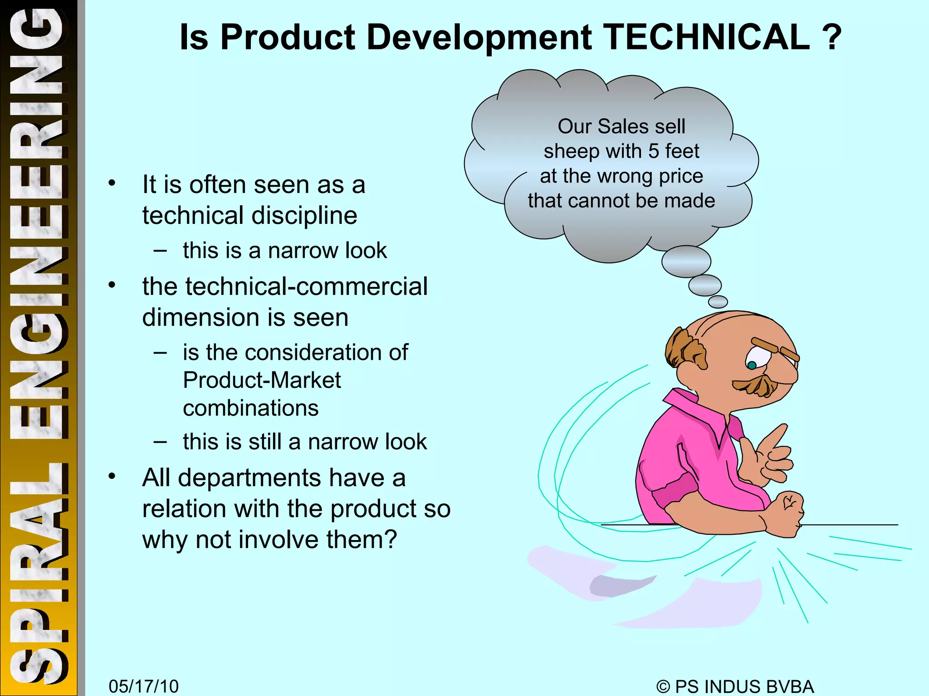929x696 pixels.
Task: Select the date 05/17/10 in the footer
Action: click(143, 686)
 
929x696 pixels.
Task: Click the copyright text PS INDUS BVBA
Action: click(744, 686)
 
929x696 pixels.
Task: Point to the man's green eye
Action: click(752, 365)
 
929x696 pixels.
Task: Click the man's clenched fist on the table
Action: click(787, 512)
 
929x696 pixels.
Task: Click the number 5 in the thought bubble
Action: click(654, 151)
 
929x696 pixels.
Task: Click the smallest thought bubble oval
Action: click(718, 302)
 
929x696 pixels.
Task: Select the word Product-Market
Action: click(262, 380)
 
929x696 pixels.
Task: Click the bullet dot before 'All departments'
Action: click(112, 476)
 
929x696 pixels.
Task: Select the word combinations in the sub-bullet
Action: click(251, 408)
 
